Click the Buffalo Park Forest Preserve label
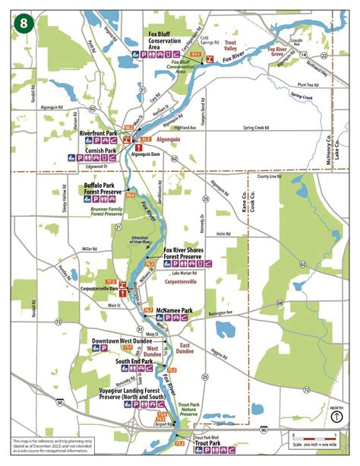(104, 189)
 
